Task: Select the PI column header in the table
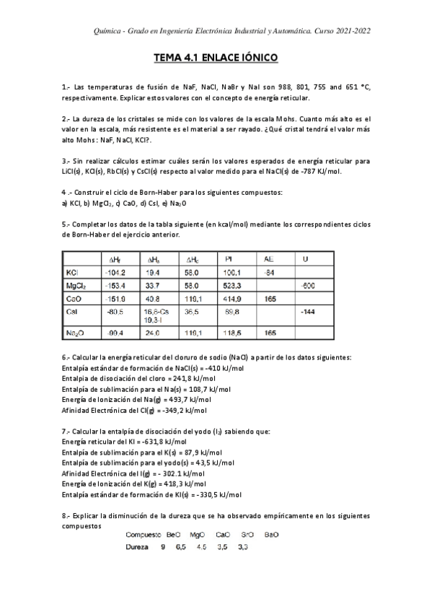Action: tap(229, 259)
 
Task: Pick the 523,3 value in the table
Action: tap(234, 287)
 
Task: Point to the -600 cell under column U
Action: tap(308, 287)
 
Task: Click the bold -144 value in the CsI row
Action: tap(308, 312)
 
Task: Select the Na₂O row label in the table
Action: tap(75, 333)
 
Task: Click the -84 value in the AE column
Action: tap(269, 274)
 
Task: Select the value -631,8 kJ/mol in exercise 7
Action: tap(166, 442)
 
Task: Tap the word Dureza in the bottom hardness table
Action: tap(137, 547)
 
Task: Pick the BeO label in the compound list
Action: tap(173, 535)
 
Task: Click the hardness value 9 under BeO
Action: tap(163, 547)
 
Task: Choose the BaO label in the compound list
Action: tap(270, 535)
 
